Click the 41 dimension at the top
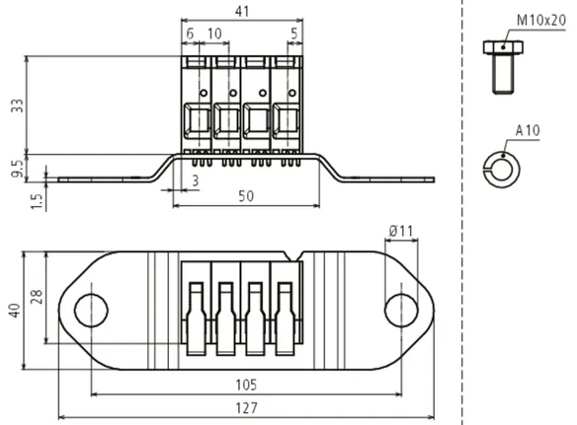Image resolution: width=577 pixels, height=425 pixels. point(242,11)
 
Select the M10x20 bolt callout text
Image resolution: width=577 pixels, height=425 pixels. point(541,20)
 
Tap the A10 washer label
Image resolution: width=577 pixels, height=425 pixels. point(528,130)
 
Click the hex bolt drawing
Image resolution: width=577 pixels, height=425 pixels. point(503,67)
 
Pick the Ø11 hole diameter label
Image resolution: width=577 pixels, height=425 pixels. point(401,231)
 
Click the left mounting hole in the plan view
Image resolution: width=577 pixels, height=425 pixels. point(91,310)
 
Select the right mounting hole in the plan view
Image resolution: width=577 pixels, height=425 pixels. point(401,310)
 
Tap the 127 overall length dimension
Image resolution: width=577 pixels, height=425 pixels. point(246,408)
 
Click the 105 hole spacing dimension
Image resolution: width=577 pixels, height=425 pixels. point(246,385)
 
